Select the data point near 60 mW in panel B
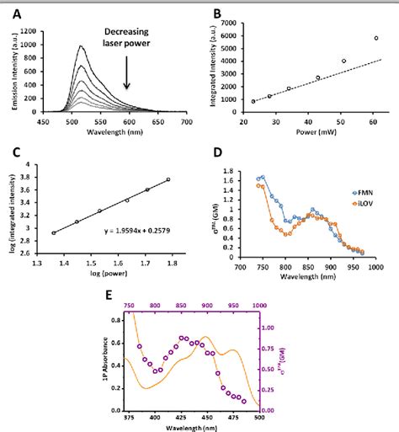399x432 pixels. [376, 38]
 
